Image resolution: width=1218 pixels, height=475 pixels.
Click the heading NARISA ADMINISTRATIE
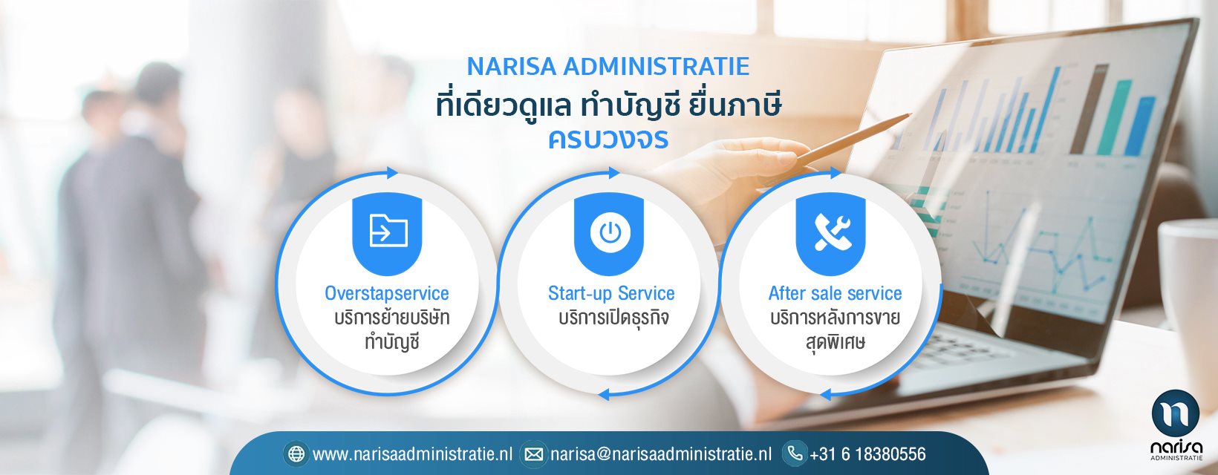(608, 66)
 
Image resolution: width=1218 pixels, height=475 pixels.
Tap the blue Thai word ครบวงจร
(608, 139)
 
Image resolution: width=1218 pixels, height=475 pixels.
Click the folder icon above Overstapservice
(388, 230)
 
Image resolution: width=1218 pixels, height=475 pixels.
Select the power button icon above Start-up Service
(610, 232)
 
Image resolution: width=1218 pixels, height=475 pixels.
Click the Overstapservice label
(387, 293)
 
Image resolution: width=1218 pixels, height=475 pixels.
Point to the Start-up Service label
(611, 293)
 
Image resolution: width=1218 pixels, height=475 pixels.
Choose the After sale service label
(835, 293)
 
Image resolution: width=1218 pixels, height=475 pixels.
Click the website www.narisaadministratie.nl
(413, 453)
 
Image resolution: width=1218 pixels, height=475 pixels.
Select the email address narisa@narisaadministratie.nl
(661, 453)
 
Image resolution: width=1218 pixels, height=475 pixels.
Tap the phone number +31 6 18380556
(867, 453)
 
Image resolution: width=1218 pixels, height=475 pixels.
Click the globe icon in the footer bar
(296, 453)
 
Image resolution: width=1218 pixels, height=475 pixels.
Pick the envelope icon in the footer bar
(533, 453)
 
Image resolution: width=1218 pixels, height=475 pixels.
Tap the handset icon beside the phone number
(795, 453)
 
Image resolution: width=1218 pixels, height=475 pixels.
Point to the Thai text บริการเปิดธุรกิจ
(613, 318)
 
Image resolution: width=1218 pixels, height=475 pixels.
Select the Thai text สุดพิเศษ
(835, 342)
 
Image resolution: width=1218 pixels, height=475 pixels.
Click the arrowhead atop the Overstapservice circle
(392, 173)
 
